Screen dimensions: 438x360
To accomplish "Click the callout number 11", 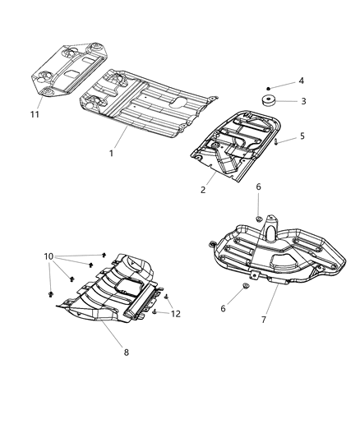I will [34, 115].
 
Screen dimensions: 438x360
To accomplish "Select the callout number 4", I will [302, 81].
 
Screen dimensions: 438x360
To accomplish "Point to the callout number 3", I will [302, 101].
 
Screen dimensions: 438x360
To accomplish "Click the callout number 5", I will [302, 136].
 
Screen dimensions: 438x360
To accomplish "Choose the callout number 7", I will [264, 319].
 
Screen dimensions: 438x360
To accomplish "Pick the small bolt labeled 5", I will [279, 142].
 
